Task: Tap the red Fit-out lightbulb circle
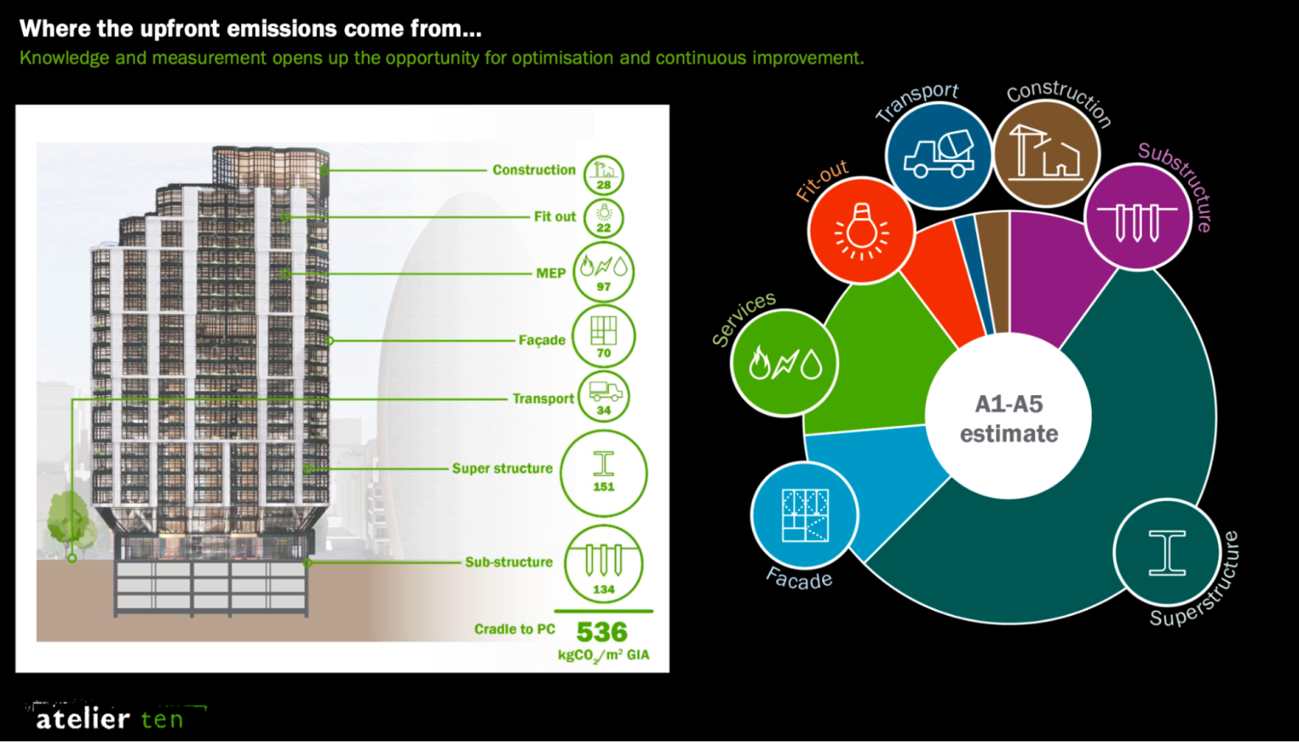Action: click(861, 230)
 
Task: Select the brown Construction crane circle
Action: click(1047, 153)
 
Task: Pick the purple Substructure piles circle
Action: click(1137, 217)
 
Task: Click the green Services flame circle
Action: click(784, 363)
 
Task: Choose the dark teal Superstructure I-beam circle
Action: click(1167, 552)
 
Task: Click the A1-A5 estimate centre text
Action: click(1008, 419)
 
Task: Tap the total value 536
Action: click(601, 632)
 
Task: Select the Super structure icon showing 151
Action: click(603, 473)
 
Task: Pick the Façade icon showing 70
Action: click(603, 336)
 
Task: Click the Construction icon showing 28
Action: click(603, 175)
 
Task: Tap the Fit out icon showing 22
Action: click(603, 217)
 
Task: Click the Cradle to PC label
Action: click(514, 629)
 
